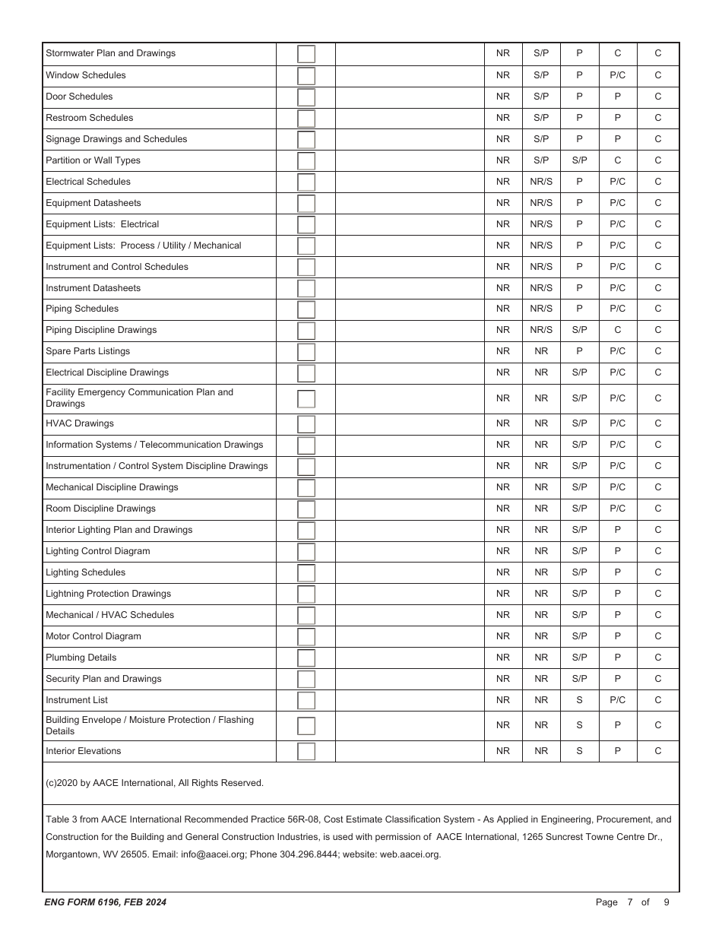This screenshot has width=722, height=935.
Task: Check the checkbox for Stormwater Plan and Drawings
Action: click(x=306, y=54)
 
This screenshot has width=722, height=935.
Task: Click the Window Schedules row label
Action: click(x=86, y=75)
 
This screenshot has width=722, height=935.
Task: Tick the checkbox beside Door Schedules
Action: click(x=306, y=97)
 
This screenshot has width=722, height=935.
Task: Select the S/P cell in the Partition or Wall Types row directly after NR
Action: click(x=541, y=160)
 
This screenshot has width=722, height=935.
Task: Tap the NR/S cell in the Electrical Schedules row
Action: click(x=541, y=182)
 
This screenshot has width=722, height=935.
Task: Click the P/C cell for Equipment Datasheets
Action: click(x=617, y=203)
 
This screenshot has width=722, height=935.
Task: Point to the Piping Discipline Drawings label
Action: click(x=101, y=330)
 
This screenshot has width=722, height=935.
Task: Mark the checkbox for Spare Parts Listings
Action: click(x=306, y=351)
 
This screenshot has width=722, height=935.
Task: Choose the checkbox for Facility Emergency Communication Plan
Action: click(x=306, y=398)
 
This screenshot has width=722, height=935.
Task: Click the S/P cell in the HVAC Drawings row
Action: click(x=579, y=423)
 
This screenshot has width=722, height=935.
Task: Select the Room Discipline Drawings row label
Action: click(x=100, y=509)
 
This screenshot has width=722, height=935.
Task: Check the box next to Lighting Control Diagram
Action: click(x=306, y=551)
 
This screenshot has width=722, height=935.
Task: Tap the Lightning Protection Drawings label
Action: click(x=108, y=594)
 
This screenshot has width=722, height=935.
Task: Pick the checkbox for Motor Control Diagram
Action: click(x=306, y=636)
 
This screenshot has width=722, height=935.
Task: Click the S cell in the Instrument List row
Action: click(x=579, y=700)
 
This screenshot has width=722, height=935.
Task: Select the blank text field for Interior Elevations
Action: click(x=410, y=751)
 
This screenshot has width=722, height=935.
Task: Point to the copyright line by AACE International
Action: click(x=154, y=783)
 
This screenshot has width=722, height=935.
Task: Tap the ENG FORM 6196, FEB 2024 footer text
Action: click(x=106, y=902)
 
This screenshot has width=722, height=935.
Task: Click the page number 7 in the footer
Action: click(x=630, y=902)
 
